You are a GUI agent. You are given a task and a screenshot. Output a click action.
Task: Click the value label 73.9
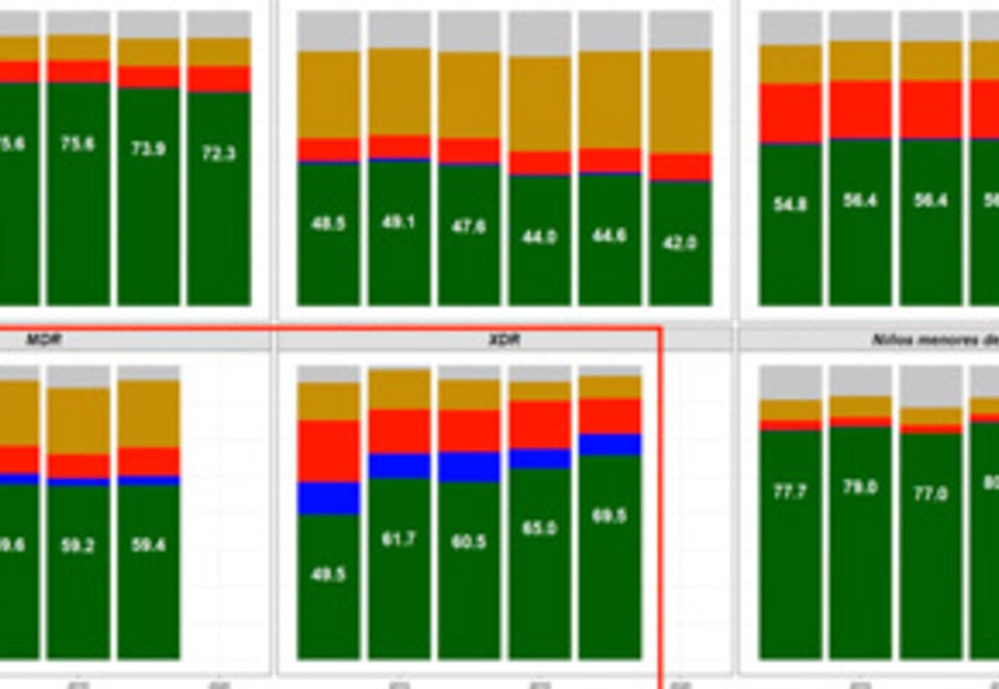click(x=148, y=150)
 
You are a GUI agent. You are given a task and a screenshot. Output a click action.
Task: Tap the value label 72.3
click(x=218, y=154)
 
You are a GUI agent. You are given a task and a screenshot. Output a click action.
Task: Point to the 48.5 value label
click(x=328, y=224)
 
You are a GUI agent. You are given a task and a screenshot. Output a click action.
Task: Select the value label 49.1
click(x=398, y=223)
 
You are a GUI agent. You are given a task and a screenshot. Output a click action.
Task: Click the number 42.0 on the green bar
click(x=680, y=243)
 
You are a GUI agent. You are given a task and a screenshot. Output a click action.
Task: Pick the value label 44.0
click(x=539, y=238)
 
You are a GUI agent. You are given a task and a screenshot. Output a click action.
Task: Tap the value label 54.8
click(x=790, y=204)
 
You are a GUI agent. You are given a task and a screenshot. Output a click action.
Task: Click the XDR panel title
click(x=504, y=339)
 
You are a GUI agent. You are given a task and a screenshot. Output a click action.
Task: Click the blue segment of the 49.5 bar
click(x=328, y=498)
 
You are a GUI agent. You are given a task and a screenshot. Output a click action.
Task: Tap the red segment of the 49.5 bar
click(x=328, y=451)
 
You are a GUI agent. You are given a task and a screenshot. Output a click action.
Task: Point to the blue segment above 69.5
click(x=609, y=444)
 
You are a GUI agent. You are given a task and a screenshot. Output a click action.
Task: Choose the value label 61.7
click(x=398, y=539)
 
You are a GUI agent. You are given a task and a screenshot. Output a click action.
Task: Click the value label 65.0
click(x=539, y=529)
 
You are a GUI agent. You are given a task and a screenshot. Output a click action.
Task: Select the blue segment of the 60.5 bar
click(x=468, y=467)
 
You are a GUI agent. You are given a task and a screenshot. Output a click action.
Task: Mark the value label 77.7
click(x=790, y=492)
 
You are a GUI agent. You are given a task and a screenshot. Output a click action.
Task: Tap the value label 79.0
click(x=860, y=487)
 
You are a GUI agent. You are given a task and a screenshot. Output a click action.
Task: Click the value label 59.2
click(x=77, y=545)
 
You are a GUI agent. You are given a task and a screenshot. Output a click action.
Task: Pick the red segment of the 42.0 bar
click(x=680, y=167)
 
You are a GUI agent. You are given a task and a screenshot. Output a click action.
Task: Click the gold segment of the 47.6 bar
click(x=468, y=94)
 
